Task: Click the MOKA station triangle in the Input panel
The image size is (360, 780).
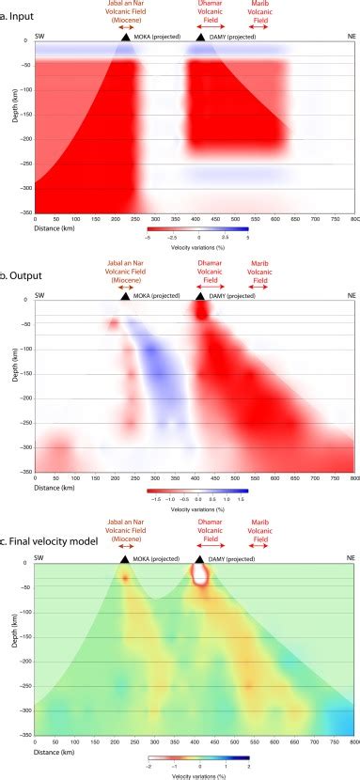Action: click(125, 36)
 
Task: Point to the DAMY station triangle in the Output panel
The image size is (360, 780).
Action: click(200, 296)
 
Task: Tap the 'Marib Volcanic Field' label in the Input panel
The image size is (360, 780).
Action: click(269, 12)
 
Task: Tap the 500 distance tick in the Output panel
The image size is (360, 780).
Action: click(235, 479)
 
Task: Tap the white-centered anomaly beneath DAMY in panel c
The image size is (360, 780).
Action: click(200, 575)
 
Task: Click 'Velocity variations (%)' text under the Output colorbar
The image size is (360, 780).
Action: click(198, 501)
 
